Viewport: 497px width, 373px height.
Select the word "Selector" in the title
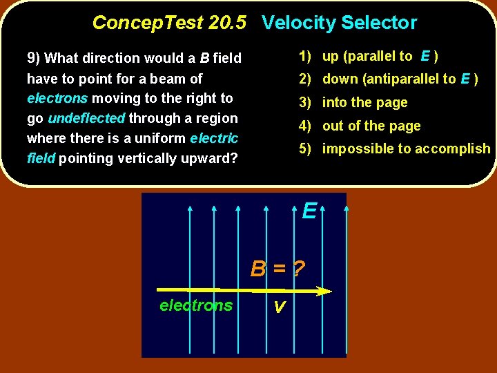tap(378, 23)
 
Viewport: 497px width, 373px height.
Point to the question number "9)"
tap(34, 58)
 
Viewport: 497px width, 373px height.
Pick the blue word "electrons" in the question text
tap(57, 98)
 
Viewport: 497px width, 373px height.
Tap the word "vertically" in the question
tap(144, 158)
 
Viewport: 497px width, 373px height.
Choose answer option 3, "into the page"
tap(353, 103)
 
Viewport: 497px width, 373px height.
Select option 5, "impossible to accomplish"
tap(394, 149)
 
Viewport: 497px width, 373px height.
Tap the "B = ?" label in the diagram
tap(278, 268)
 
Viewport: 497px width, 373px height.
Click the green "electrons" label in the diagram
tap(196, 305)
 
